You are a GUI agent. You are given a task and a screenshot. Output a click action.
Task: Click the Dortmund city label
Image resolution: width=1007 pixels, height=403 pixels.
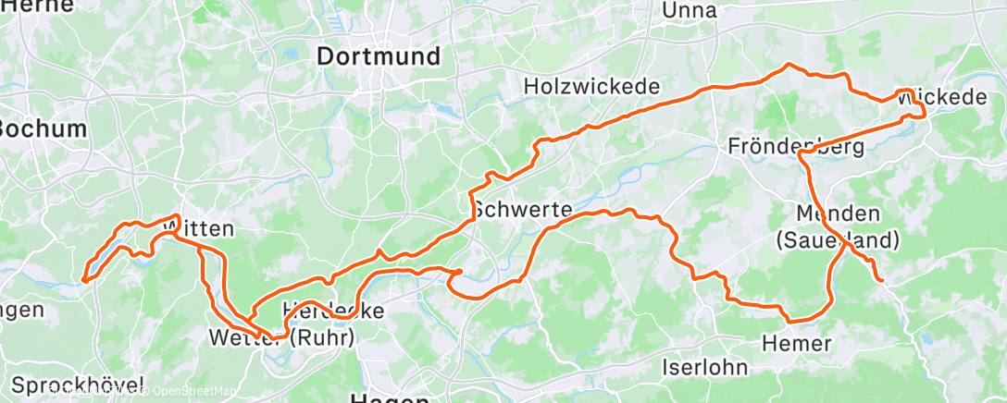378,56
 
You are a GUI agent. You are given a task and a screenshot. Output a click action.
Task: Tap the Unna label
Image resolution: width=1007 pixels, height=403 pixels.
690,10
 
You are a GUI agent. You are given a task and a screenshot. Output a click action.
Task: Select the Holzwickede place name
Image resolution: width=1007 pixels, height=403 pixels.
591,86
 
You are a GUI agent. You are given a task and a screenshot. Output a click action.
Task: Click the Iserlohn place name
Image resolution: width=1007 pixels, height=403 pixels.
704,366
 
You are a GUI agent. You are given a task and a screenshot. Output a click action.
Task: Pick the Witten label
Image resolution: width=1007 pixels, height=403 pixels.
196,227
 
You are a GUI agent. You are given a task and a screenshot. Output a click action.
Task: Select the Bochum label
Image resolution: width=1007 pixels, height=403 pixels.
42,128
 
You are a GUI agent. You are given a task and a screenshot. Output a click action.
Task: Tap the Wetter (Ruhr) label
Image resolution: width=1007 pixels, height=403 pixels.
281,338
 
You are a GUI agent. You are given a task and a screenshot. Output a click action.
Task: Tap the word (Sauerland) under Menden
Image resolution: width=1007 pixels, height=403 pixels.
838,240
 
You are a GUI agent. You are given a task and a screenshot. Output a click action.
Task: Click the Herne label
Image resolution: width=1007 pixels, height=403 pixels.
28,6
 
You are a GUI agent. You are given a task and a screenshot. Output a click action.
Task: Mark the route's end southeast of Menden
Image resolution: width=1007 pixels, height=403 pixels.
880,279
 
